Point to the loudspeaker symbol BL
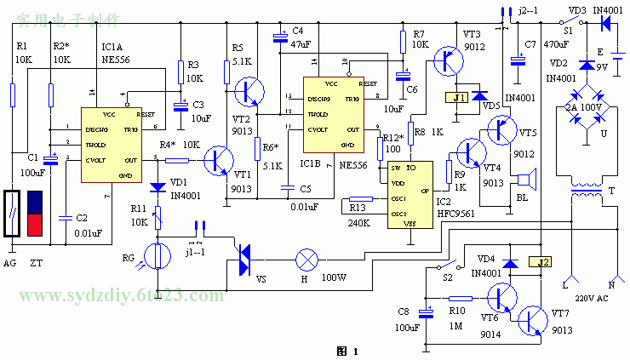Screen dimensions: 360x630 pos(526,180)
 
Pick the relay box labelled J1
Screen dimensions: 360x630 pos(455,98)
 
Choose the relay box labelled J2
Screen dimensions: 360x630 pos(539,262)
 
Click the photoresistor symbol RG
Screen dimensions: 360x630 pos(156,255)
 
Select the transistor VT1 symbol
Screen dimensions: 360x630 pos(221,160)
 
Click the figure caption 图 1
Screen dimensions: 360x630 pos(348,351)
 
